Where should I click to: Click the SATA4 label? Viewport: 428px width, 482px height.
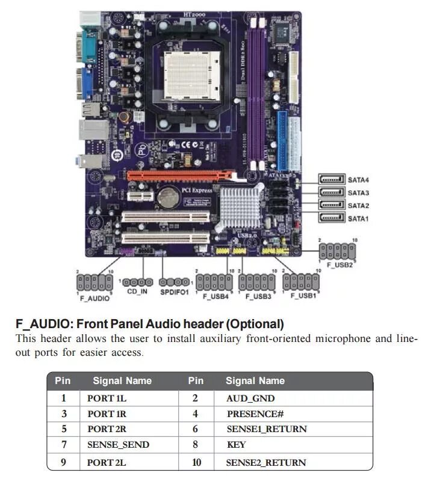pyautogui.click(x=358, y=179)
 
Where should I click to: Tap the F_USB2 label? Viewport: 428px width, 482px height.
pyautogui.click(x=340, y=265)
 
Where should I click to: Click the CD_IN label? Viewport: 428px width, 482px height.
pyautogui.click(x=137, y=291)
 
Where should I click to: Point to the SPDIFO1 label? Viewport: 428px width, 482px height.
pyautogui.click(x=174, y=292)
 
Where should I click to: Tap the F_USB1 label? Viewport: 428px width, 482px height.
pyautogui.click(x=303, y=296)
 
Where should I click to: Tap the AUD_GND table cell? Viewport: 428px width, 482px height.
pyautogui.click(x=250, y=398)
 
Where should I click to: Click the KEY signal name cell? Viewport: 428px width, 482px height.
pyautogui.click(x=236, y=445)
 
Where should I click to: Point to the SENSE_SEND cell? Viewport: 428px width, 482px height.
pyautogui.click(x=118, y=445)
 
